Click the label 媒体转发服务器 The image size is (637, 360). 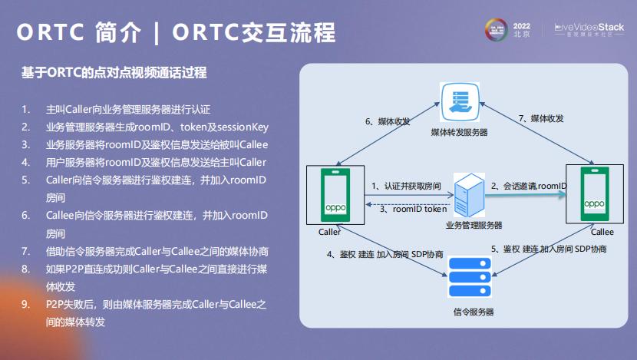pyautogui.click(x=460, y=133)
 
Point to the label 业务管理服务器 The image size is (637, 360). pyautogui.click(x=474, y=225)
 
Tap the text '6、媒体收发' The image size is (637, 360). pyautogui.click(x=388, y=121)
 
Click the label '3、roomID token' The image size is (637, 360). pyautogui.click(x=413, y=209)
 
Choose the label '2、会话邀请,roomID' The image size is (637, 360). pyautogui.click(x=529, y=187)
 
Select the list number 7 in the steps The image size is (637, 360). pyautogui.click(x=25, y=251)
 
